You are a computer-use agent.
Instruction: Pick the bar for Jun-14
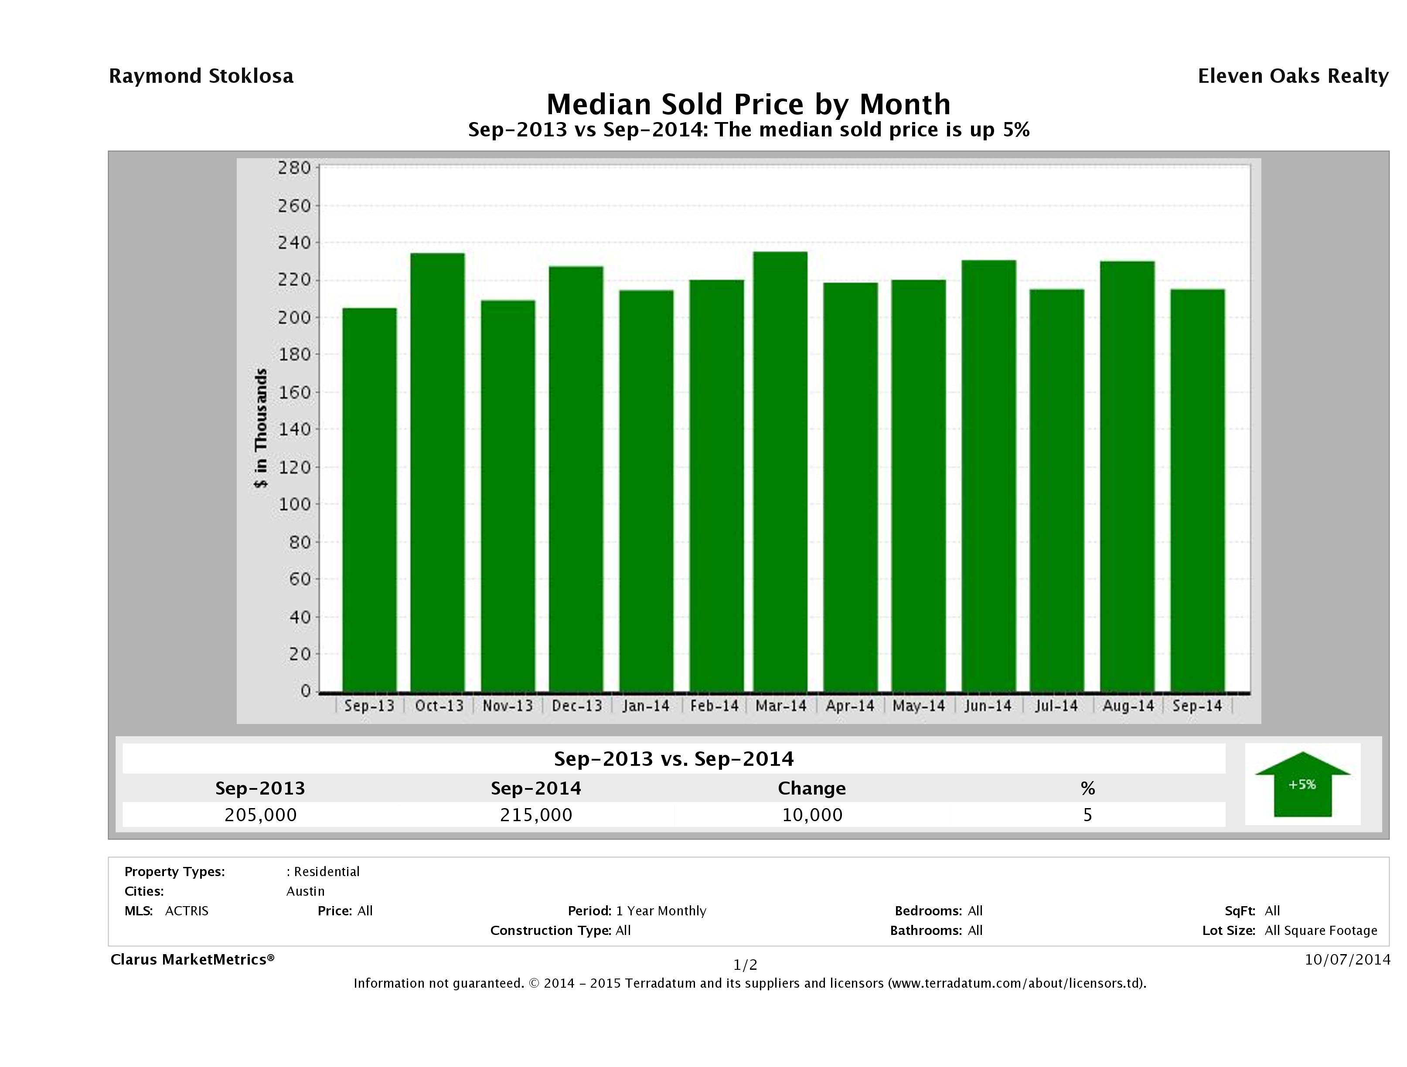coord(988,476)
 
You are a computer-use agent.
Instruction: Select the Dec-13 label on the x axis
coord(577,706)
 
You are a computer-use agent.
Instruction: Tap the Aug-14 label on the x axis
coord(1128,706)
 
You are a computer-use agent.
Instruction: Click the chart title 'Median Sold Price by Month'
coord(748,104)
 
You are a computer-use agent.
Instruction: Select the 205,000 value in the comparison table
coord(260,815)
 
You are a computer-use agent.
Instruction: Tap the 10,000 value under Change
coord(812,815)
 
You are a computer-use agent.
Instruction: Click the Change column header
coord(812,788)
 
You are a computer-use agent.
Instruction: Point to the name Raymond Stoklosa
coord(201,76)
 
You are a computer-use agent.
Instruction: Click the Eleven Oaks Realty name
coord(1292,76)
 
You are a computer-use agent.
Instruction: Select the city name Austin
coord(305,891)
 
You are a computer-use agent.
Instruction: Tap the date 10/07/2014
coord(1347,959)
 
